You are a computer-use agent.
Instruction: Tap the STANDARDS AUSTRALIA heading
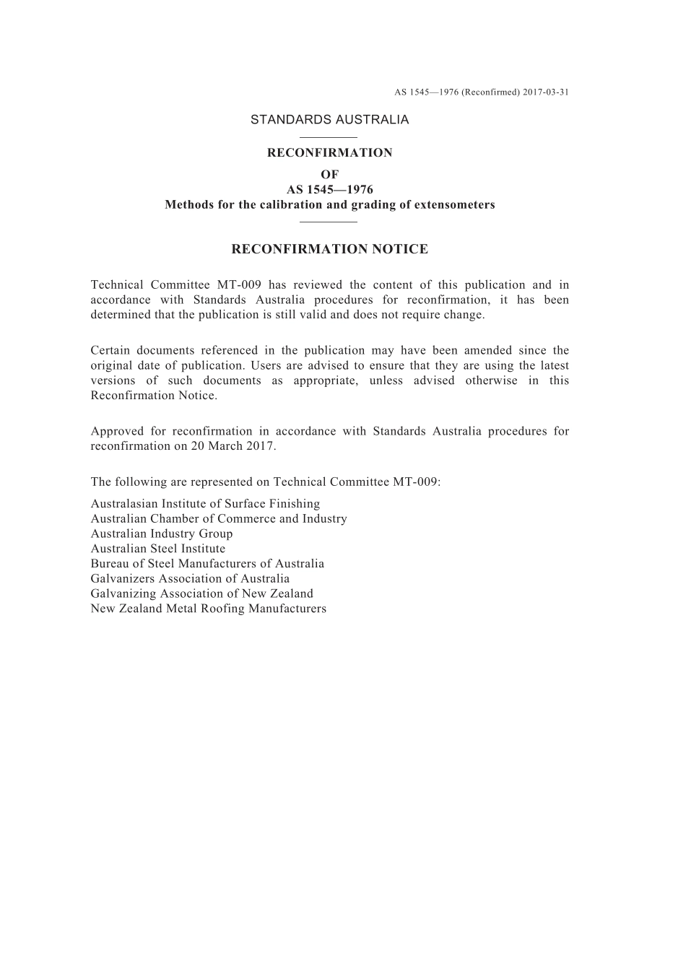tap(329, 120)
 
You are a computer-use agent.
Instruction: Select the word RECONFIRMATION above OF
tap(329, 152)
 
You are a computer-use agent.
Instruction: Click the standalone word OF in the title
tap(329, 174)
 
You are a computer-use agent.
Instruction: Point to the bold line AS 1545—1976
tap(329, 189)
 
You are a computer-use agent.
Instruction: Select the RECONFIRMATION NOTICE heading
tap(329, 249)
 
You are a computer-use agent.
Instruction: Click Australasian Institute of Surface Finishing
tap(205, 504)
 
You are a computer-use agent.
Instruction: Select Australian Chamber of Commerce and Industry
tap(219, 518)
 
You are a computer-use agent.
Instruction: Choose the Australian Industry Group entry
tap(162, 534)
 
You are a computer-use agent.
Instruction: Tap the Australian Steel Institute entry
tap(158, 549)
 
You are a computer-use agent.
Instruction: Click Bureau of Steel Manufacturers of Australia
tap(207, 564)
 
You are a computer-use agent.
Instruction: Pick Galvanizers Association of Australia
tap(190, 578)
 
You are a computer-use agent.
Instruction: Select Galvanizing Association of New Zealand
tap(202, 593)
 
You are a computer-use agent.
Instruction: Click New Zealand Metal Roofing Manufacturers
tap(209, 609)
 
